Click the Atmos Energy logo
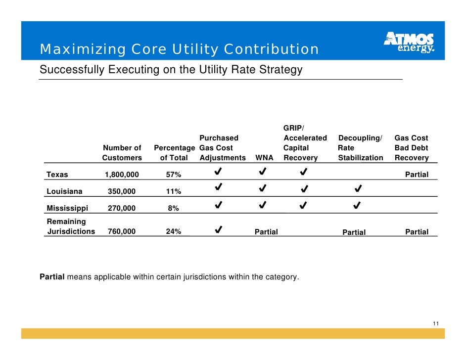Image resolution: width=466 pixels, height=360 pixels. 409,42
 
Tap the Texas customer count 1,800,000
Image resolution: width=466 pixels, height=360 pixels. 122,175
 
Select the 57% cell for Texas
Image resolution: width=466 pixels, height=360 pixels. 174,175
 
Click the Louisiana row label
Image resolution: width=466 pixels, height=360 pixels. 64,191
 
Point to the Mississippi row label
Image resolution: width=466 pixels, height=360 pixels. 67,208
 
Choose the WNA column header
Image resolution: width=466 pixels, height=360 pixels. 264,158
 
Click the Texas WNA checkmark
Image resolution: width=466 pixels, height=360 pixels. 262,172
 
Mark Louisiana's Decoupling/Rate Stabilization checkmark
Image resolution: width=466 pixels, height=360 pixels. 358,188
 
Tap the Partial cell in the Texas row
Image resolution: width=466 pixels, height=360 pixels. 417,175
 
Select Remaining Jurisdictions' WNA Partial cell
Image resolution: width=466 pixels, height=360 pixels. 266,232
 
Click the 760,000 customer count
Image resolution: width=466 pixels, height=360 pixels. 122,231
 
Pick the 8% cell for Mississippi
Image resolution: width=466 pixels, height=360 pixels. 173,208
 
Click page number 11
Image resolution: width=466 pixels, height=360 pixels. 436,323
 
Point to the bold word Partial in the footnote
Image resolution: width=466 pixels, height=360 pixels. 52,277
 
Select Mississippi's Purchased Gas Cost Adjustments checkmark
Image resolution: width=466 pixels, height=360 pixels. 219,205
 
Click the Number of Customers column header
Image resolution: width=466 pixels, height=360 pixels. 122,153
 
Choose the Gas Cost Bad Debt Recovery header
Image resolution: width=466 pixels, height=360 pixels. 412,148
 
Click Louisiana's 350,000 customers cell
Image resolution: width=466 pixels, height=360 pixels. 122,191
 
